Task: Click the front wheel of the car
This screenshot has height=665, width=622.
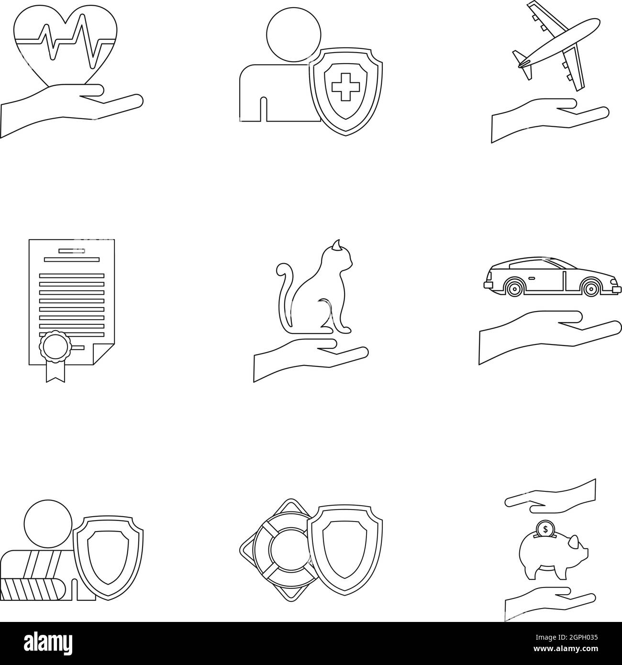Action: pos(591,288)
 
